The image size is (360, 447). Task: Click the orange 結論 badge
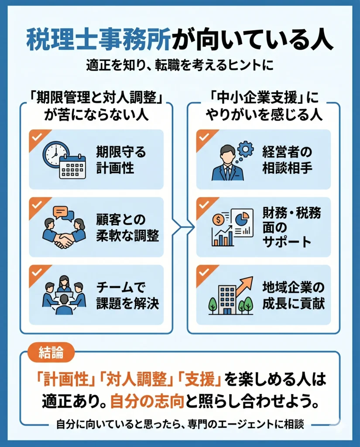[x=51, y=353]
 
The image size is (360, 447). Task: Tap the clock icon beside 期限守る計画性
[x=55, y=154]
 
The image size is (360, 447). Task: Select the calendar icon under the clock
[x=72, y=167]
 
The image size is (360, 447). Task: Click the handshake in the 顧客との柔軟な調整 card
[x=64, y=241]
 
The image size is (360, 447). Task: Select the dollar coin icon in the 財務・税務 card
[x=219, y=220]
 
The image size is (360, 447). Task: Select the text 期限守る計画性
[x=120, y=160]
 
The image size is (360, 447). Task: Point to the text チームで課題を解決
[x=127, y=296]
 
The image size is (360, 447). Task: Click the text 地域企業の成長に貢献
[x=293, y=296]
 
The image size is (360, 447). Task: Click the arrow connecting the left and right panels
[x=183, y=227]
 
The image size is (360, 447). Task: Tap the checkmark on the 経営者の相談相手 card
[x=204, y=137]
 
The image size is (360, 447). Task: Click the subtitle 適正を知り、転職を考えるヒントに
[x=180, y=65]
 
